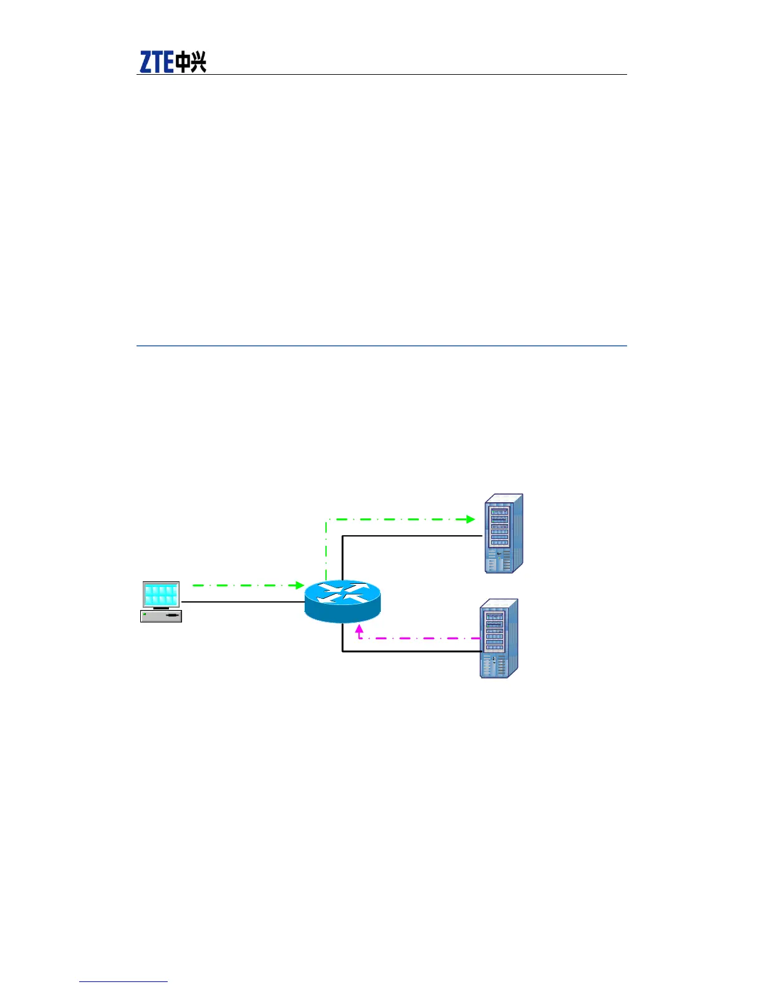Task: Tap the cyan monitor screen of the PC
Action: click(161, 594)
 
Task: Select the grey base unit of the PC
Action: click(161, 616)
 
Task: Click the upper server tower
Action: click(504, 534)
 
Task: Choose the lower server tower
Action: click(499, 639)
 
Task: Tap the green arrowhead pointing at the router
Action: click(299, 585)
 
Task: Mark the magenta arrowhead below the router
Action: click(359, 629)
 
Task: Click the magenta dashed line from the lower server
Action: click(424, 638)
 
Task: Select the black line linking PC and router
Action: click(243, 602)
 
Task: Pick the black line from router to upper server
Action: click(411, 535)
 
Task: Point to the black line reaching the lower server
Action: click(411, 652)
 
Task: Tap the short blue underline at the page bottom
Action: click(123, 981)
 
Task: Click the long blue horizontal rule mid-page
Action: click(381, 345)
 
